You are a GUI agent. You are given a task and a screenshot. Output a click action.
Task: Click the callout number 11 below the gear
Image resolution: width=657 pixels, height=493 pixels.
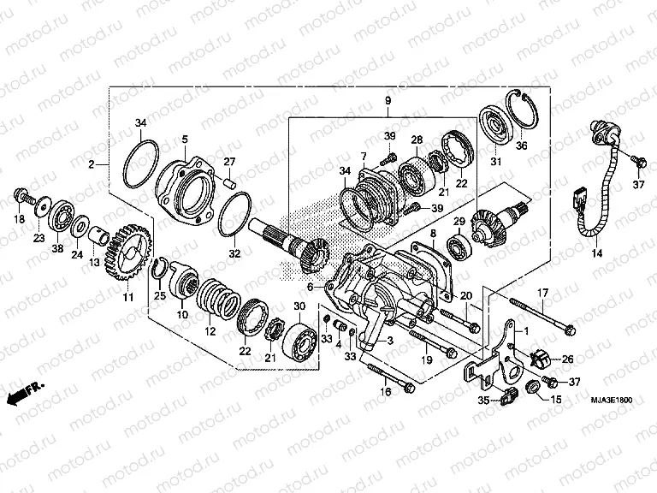pyautogui.click(x=128, y=297)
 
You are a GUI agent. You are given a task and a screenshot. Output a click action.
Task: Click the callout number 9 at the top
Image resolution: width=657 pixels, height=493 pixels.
pyautogui.click(x=388, y=102)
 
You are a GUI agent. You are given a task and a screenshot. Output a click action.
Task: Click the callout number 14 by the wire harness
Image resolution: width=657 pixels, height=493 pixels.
pyautogui.click(x=596, y=254)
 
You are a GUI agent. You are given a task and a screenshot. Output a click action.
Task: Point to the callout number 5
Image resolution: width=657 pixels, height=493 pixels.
pyautogui.click(x=184, y=139)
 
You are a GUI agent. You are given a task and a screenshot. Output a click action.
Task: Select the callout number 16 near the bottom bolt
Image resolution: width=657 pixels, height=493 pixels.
pyautogui.click(x=385, y=392)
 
